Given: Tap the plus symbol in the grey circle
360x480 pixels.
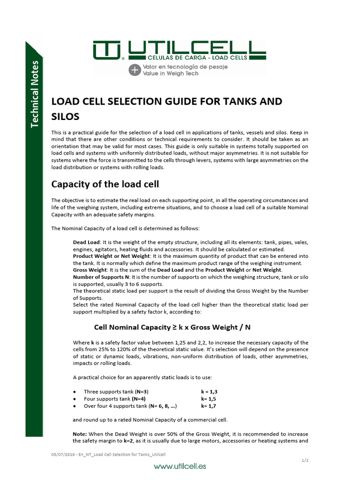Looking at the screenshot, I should tap(135, 70).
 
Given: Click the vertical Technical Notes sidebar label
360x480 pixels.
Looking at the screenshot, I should tap(35, 93).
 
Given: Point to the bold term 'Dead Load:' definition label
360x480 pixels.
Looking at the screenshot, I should tap(84, 242).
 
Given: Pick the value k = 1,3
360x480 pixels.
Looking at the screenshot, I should tap(209, 391).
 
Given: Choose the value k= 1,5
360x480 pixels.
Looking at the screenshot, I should tap(209, 398).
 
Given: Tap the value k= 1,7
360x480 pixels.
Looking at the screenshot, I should tap(209, 406).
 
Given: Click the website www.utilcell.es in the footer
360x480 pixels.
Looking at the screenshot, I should tap(180, 466).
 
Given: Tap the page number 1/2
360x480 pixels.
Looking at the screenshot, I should tap(305, 460).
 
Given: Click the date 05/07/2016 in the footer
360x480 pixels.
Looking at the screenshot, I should tap(61, 455).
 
